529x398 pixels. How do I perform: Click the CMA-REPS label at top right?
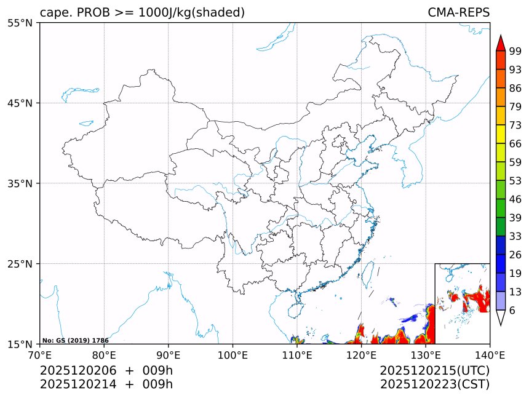point(458,12)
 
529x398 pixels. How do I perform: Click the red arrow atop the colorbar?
point(501,43)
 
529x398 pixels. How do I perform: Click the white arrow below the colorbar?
point(501,317)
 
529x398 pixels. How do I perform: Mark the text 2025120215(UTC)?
point(434,371)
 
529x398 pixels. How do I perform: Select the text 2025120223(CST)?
point(434,384)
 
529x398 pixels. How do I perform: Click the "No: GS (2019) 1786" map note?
point(75,340)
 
